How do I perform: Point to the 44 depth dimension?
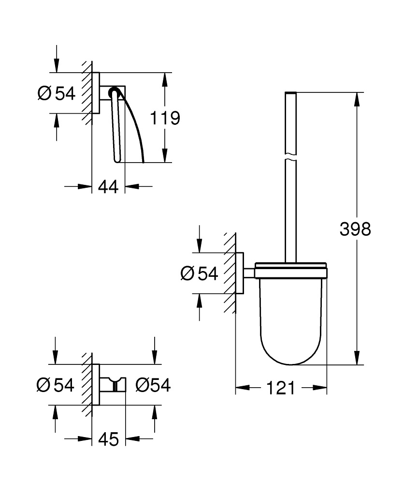coord(108,186)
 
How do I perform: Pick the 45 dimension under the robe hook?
coord(108,439)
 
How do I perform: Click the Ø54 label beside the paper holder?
coord(57,93)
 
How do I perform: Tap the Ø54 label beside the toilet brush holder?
coord(200,274)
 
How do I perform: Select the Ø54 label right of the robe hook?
coord(153,385)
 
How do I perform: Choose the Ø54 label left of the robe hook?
coord(56,385)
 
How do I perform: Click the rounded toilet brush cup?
coord(291,319)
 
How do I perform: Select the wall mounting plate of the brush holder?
coord(240,273)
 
